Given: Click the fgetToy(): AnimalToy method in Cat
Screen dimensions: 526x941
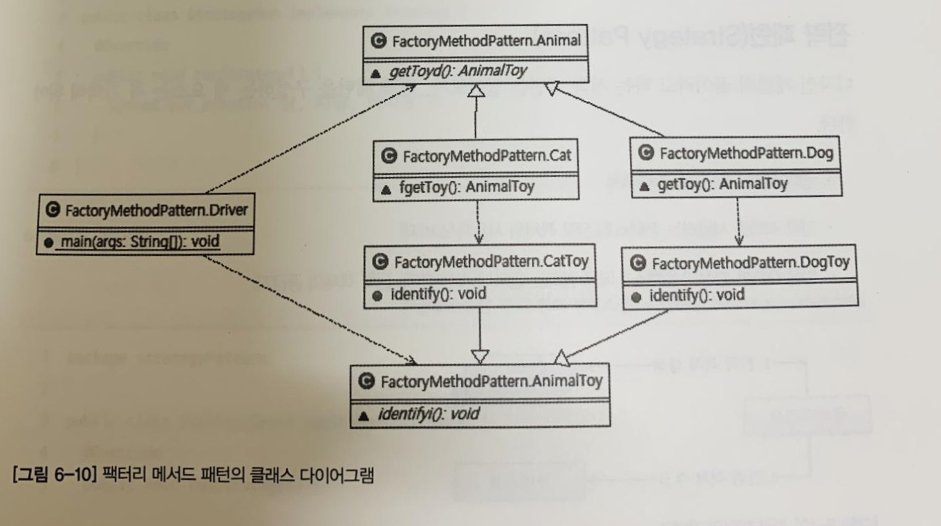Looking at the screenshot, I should [x=465, y=187].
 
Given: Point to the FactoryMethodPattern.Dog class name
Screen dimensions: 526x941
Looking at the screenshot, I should [x=745, y=152].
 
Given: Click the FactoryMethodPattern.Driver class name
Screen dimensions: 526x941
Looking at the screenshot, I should [x=156, y=210].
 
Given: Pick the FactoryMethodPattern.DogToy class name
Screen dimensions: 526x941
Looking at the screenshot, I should [x=749, y=263].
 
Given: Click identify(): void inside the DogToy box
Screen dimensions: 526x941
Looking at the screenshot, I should [x=697, y=295].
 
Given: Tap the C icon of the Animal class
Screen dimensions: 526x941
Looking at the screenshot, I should [x=379, y=41].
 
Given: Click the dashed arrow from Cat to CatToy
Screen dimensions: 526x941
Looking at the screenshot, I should [x=477, y=221].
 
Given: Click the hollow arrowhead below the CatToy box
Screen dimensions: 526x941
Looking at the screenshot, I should [x=479, y=356].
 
